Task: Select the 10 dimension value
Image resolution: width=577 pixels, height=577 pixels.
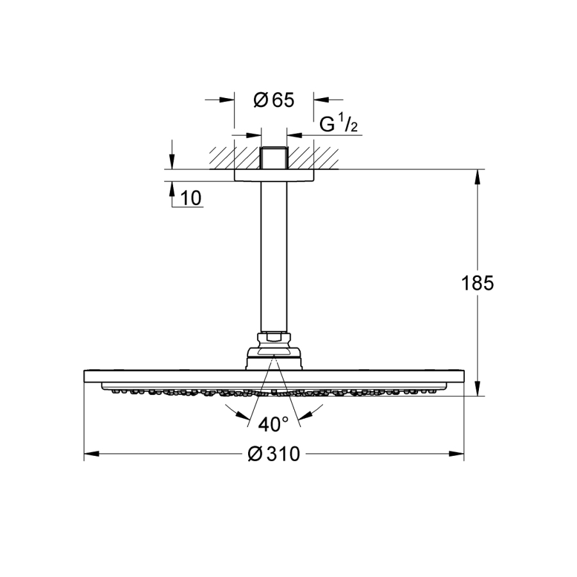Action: click(191, 198)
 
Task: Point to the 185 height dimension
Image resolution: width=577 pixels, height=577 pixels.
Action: click(478, 283)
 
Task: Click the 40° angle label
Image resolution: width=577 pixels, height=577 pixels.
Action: click(274, 424)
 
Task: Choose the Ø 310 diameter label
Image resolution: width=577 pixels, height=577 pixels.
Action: click(274, 455)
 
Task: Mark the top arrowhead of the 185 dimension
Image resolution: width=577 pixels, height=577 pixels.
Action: click(478, 177)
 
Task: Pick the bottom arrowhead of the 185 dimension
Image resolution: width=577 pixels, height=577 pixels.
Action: click(478, 389)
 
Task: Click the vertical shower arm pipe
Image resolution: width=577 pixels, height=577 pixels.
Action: click(274, 256)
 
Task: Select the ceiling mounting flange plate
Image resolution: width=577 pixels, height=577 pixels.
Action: click(274, 175)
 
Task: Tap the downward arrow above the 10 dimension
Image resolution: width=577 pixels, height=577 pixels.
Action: click(171, 161)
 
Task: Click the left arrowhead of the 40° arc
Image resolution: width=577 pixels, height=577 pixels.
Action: click(230, 410)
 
